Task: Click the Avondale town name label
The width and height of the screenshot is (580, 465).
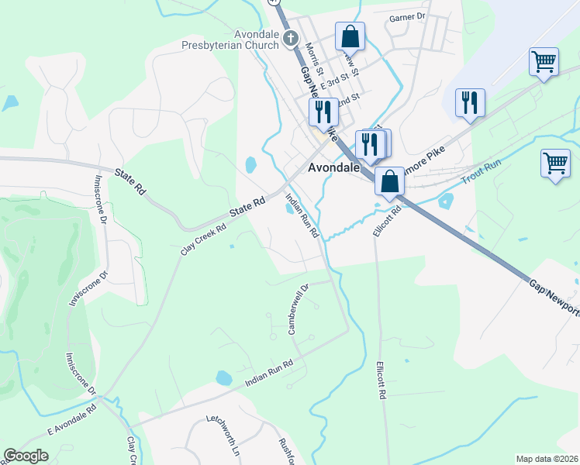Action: tap(333, 167)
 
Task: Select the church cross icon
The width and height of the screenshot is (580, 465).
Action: tap(291, 38)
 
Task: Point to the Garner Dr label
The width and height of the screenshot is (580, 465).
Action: tap(408, 16)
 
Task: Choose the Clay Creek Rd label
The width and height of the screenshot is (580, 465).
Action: tap(203, 239)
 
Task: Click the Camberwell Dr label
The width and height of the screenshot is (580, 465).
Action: tap(299, 308)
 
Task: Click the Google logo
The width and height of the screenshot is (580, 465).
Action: tap(26, 456)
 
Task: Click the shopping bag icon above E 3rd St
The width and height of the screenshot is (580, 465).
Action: tap(350, 36)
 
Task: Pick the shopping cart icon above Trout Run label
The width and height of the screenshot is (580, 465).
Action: tap(555, 164)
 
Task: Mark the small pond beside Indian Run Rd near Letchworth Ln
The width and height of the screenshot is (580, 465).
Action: tap(223, 378)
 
